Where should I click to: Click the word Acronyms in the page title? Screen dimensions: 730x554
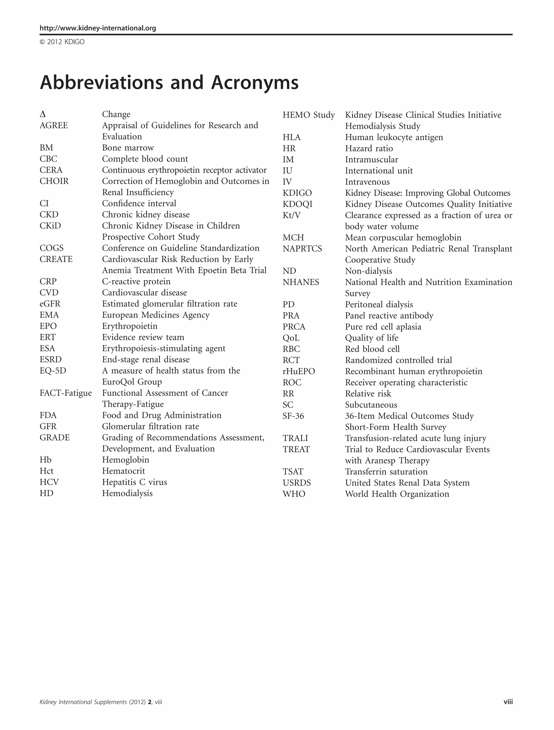(255, 83)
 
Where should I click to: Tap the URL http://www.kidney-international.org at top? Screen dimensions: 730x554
(98, 28)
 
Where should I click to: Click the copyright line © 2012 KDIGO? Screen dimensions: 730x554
(62, 42)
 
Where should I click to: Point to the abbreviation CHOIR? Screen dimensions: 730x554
(54, 181)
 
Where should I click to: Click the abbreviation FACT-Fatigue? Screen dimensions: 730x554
(66, 393)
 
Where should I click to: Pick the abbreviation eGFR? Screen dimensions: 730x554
(50, 304)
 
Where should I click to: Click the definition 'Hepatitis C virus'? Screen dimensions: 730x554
(134, 482)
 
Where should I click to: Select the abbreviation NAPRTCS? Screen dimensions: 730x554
(302, 249)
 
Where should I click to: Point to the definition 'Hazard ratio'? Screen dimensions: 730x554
(369, 148)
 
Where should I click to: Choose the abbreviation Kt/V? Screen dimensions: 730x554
(292, 215)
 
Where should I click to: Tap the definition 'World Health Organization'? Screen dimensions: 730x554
(397, 494)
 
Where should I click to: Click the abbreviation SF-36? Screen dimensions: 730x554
(293, 416)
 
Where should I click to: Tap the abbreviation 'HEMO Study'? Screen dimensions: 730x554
(309, 115)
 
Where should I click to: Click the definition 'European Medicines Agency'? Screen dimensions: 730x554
(156, 315)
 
